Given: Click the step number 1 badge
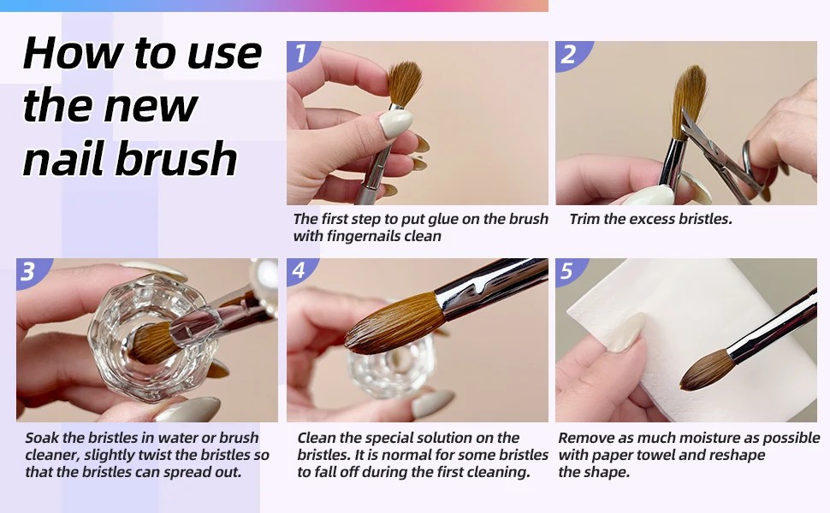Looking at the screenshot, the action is tap(300, 54).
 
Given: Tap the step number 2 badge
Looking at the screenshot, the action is tap(571, 54).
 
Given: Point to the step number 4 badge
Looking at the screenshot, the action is tap(300, 271).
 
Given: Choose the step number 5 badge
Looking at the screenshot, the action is tap(569, 271).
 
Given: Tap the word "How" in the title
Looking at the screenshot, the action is tap(73, 53).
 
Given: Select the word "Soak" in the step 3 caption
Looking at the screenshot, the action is tap(42, 438).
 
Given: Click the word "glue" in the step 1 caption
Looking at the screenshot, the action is tap(442, 220).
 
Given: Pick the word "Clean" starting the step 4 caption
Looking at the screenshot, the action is tap(317, 438).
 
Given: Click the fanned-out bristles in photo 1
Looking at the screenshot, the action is tap(405, 82).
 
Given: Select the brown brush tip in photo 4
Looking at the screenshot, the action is tap(394, 324).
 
